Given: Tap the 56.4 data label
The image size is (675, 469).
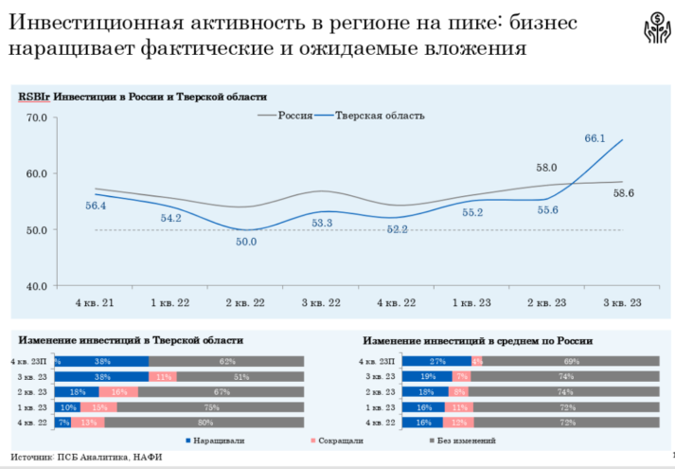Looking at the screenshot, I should point(96,206).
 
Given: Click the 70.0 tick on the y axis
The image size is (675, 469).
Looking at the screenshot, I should point(38,117).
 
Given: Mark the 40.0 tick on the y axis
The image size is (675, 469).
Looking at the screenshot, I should point(38,286).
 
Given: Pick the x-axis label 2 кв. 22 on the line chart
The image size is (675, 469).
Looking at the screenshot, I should point(246,302).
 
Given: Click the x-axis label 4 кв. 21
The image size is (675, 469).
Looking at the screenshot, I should point(95,302).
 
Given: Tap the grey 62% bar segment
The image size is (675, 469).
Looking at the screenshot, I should point(226,361).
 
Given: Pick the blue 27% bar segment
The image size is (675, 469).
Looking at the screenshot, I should point(436,361).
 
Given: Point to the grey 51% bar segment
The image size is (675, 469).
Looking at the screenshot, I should point(240,376).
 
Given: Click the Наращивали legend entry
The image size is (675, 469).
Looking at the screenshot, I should point(220,440).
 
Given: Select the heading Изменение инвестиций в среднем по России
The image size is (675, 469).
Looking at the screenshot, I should point(477,339).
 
